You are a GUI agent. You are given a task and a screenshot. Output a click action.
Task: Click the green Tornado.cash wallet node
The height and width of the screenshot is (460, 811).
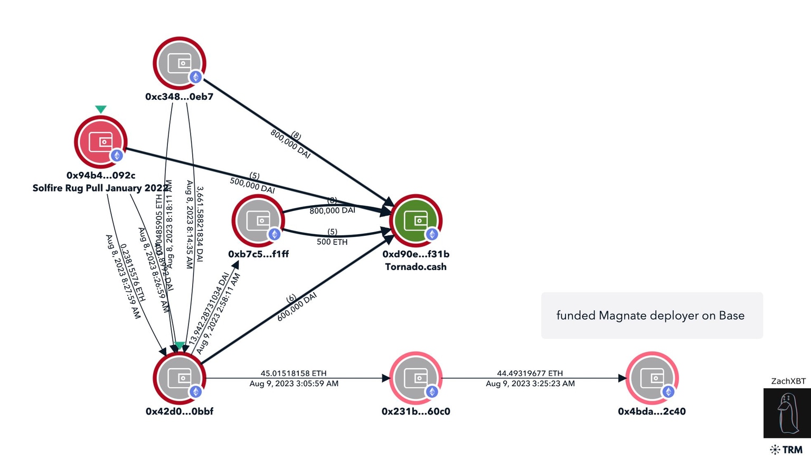[416, 221]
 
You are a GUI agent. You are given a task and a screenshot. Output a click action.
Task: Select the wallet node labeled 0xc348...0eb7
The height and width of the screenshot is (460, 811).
[180, 63]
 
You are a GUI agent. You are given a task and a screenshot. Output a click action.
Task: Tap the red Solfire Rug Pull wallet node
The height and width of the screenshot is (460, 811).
[100, 142]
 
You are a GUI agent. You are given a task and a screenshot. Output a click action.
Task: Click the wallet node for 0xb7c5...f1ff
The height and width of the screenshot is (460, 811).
[258, 221]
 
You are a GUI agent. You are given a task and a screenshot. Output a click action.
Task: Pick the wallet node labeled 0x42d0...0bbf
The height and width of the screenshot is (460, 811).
[180, 378]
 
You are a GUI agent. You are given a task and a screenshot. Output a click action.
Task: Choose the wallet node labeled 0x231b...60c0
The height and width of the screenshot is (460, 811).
[416, 378]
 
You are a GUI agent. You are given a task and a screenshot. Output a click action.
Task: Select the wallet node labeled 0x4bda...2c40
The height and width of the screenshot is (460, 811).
[652, 378]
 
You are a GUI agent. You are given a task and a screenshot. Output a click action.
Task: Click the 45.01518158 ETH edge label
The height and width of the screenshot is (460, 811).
[294, 373]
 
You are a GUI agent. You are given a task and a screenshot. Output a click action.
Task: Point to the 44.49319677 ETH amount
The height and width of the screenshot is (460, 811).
[530, 373]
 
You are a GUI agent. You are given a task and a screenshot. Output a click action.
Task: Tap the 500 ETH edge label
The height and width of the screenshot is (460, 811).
[332, 242]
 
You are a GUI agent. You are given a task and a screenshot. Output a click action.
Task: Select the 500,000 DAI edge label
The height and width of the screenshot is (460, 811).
[252, 185]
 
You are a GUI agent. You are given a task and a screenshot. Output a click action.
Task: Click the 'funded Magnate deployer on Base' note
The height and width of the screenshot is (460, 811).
[650, 315]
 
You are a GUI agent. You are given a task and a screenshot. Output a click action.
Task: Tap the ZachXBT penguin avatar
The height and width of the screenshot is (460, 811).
[787, 413]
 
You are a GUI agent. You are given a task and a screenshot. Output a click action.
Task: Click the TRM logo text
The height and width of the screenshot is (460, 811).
[791, 449]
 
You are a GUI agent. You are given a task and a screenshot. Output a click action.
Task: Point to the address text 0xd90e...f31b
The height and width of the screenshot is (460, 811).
[416, 254]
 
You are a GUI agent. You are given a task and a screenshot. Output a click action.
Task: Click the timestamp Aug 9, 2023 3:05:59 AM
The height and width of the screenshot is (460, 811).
[294, 384]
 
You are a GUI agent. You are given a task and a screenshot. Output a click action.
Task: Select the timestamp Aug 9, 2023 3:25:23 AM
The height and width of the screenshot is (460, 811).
[530, 384]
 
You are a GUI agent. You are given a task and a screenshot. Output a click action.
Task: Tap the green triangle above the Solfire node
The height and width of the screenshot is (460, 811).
[101, 109]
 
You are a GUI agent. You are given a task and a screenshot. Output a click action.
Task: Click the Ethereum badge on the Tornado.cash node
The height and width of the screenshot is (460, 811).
[432, 234]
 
